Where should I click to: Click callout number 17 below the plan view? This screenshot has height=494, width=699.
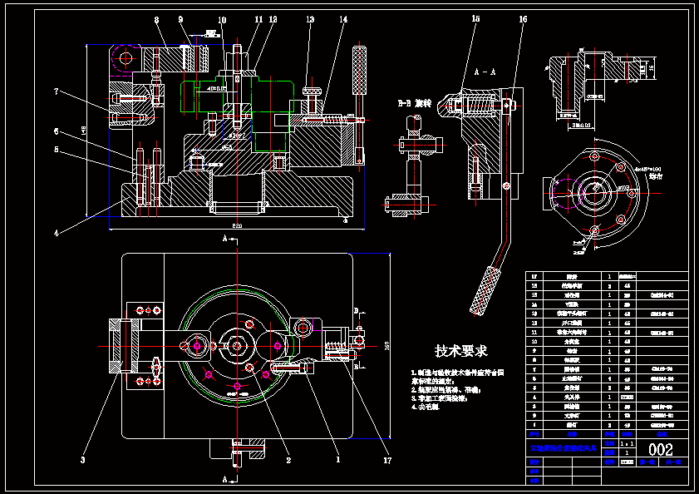(387, 459)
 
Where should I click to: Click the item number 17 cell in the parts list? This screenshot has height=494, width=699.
(534, 275)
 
